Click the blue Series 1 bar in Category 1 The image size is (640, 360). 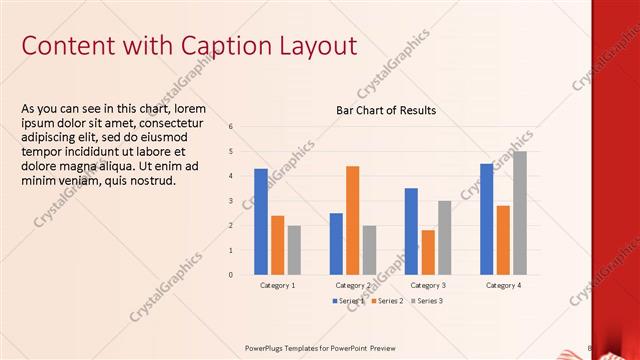[x=261, y=221]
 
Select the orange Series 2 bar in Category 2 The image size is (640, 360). [x=352, y=220]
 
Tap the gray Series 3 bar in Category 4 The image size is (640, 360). [x=519, y=213]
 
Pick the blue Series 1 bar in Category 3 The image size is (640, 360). [x=411, y=231]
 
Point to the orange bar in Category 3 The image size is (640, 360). [x=427, y=252]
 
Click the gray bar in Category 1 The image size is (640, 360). [x=294, y=250]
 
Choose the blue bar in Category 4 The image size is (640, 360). [x=486, y=219]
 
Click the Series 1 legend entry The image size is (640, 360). [x=349, y=301]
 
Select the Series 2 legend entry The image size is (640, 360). [x=387, y=301]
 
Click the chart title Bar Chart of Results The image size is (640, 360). [x=385, y=110]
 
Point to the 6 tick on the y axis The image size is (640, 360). [x=231, y=127]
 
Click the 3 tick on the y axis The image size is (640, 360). [x=231, y=201]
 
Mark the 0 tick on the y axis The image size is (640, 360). [x=231, y=274]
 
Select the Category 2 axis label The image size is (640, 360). [x=352, y=286]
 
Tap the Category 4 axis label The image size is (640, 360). [x=502, y=286]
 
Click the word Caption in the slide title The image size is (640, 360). [x=228, y=46]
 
